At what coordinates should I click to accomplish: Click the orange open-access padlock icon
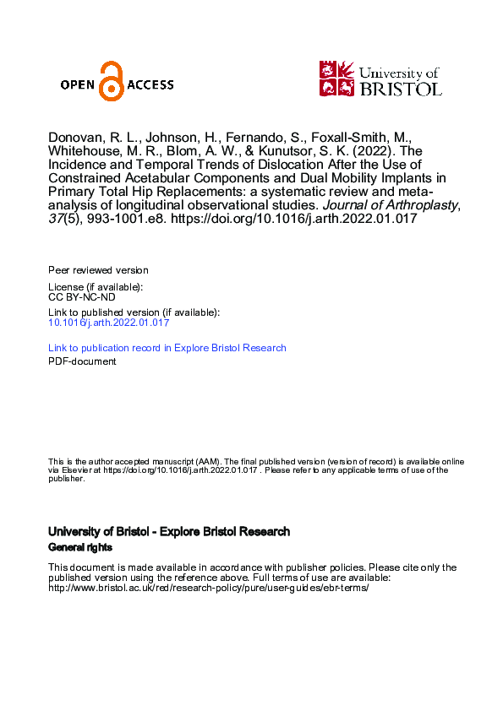pyautogui.click(x=112, y=82)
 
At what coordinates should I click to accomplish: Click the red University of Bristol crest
pyautogui.click(x=336, y=78)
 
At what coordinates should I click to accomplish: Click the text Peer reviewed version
pyautogui.click(x=98, y=270)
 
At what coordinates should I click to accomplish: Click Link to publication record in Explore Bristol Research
pyautogui.click(x=167, y=348)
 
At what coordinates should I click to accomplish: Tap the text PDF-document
pyautogui.click(x=82, y=361)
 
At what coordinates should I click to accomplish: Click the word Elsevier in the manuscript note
pyautogui.click(x=74, y=470)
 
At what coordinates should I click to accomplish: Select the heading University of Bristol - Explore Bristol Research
pyautogui.click(x=169, y=532)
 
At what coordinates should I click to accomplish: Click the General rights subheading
pyautogui.click(x=80, y=547)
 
